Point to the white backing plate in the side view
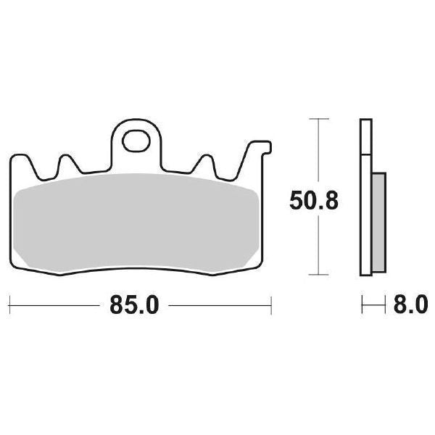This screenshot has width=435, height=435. coord(365,196)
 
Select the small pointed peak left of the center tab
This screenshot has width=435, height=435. coord(67,159)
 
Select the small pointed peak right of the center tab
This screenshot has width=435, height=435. coord(205,159)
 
